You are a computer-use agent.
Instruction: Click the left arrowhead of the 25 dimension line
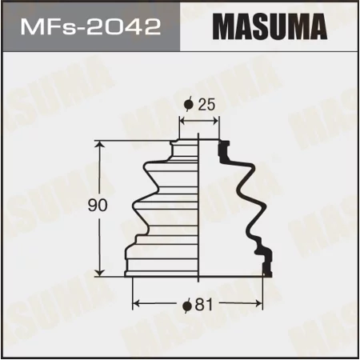[x=182, y=122]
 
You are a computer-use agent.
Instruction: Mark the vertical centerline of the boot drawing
[x=199, y=208]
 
